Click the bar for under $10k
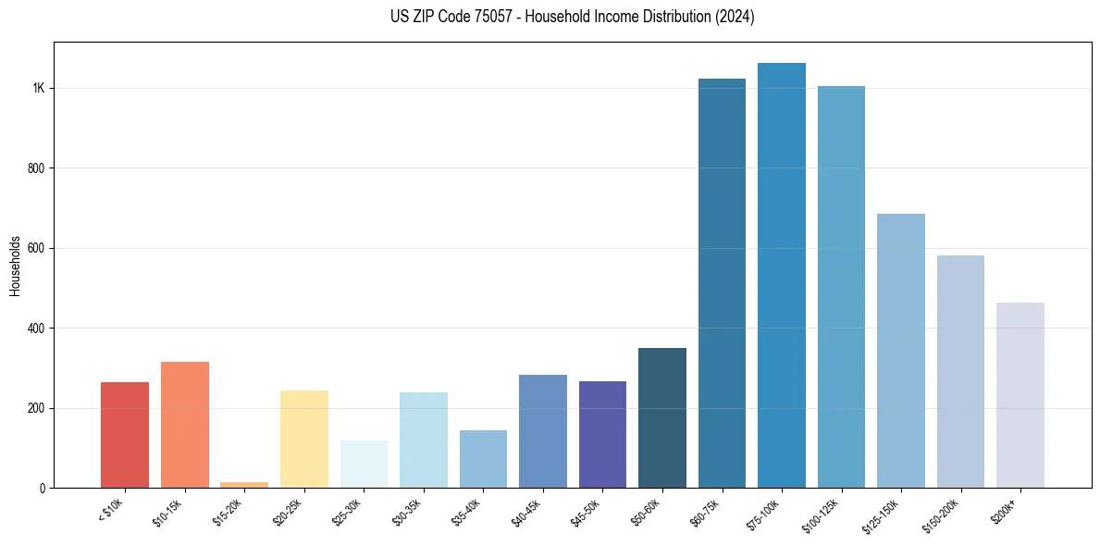pyautogui.click(x=125, y=435)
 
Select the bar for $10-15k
pyautogui.click(x=184, y=425)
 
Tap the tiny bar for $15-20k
pyautogui.click(x=244, y=484)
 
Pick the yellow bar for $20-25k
pyautogui.click(x=304, y=439)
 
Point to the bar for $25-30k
pyautogui.click(x=364, y=464)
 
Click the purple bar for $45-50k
pyautogui.click(x=602, y=434)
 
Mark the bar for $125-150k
pyautogui.click(x=901, y=351)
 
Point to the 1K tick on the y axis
pyautogui.click(x=39, y=88)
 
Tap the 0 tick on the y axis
pyautogui.click(x=43, y=488)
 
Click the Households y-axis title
pyautogui.click(x=15, y=265)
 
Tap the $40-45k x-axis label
pyautogui.click(x=527, y=511)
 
